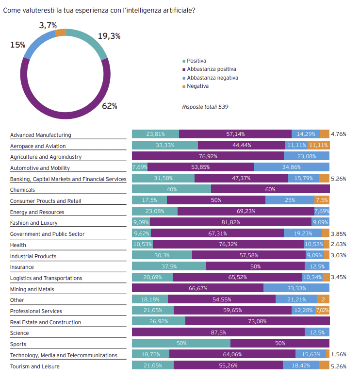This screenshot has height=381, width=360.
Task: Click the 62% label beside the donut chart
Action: tap(109, 106)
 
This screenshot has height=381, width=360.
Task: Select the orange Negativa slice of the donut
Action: tap(61, 33)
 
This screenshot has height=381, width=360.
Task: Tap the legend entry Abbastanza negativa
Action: tap(213, 78)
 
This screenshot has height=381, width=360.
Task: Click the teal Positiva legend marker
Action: tap(184, 61)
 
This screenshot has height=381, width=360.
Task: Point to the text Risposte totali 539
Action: tap(205, 107)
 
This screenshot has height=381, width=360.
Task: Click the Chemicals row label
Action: tap(22, 190)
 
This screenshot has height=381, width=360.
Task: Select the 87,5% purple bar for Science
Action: tap(218, 332)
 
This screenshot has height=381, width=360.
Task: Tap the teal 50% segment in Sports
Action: tap(181, 344)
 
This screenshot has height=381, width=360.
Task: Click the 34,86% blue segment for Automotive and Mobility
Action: tap(291, 167)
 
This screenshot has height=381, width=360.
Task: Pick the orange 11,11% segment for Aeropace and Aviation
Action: tap(318, 145)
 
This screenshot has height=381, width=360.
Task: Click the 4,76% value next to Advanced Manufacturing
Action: tap(338, 134)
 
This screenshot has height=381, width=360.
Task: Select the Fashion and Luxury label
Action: tap(33, 223)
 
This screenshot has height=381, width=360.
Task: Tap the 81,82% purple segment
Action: tap(231, 223)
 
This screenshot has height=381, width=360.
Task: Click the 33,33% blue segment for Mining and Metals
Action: tap(296, 288)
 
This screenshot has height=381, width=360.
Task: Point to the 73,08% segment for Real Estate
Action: tap(257, 321)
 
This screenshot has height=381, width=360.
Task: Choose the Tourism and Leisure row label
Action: tap(35, 366)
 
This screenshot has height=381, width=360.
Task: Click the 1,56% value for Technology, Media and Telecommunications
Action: tap(338, 355)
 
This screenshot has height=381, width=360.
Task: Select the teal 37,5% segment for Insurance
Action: tap(169, 266)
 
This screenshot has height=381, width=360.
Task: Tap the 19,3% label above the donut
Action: tap(109, 36)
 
